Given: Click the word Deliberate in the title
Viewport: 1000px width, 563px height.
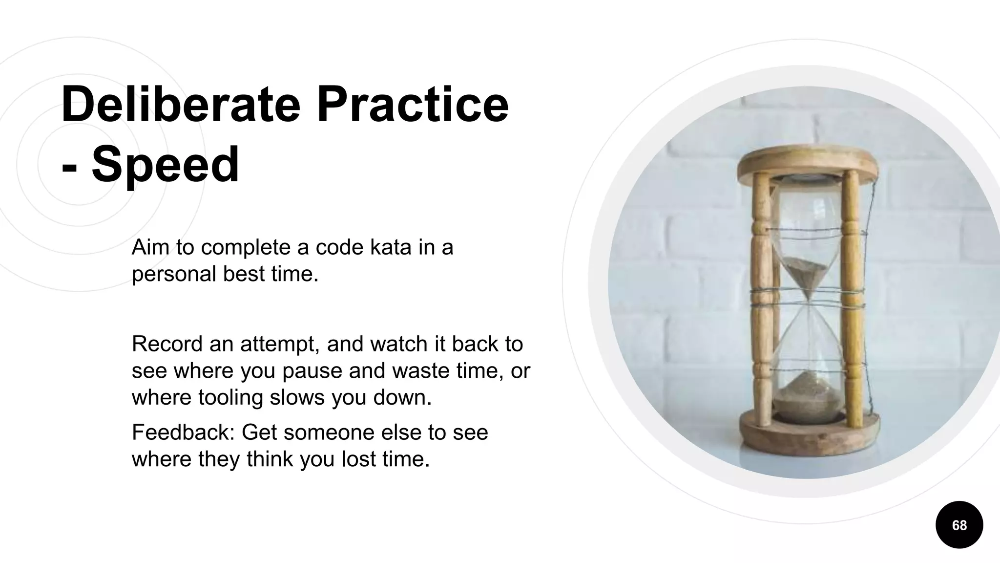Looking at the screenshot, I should [181, 104].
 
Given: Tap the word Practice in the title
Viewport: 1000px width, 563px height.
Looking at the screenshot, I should [413, 104].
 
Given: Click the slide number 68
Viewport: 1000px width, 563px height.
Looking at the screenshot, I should [959, 525].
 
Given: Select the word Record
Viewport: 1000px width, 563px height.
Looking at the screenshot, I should [167, 344].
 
